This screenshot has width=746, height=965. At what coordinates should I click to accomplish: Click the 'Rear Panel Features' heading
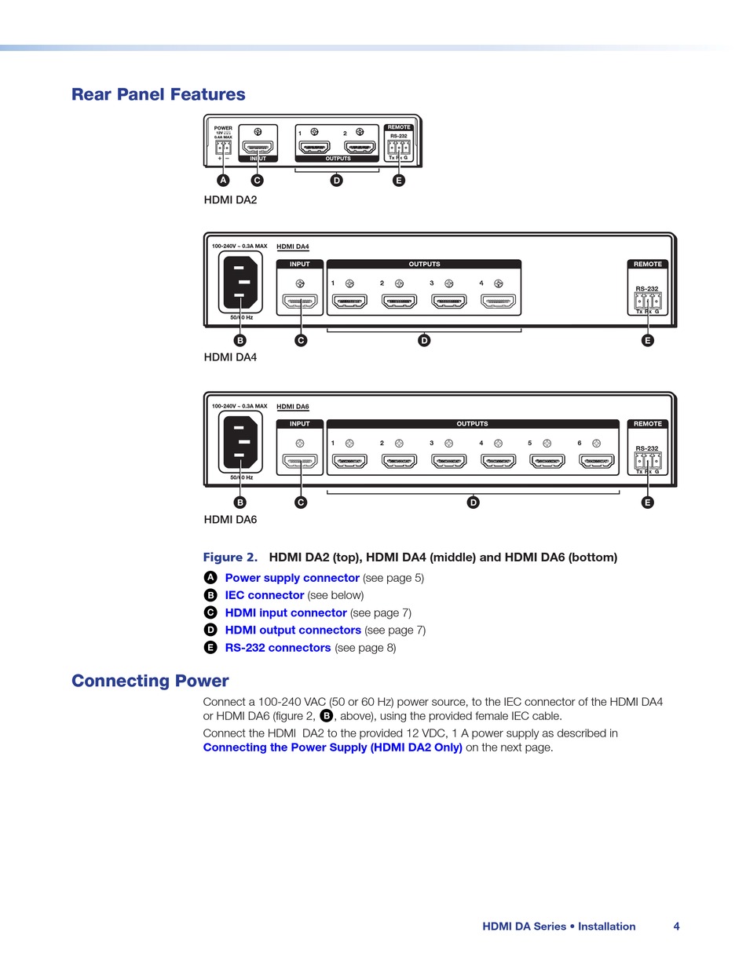click(x=158, y=94)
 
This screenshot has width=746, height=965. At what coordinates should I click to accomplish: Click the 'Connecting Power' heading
click(x=150, y=681)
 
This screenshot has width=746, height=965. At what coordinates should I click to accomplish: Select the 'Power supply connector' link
click(x=292, y=578)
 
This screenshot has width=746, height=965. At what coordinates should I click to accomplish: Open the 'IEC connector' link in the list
click(x=264, y=595)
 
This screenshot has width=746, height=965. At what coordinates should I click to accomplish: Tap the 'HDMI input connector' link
click(x=286, y=612)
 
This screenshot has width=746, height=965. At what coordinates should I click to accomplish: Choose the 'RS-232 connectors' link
click(x=278, y=648)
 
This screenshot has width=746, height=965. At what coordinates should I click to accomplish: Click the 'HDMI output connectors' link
click(x=293, y=630)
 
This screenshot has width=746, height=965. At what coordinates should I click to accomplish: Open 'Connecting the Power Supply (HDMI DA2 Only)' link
click(x=332, y=748)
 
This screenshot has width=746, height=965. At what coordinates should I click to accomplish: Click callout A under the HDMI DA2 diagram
click(x=224, y=181)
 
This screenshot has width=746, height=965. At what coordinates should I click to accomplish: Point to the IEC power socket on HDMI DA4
click(x=241, y=282)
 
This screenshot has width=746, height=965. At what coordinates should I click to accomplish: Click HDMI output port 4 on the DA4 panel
click(x=498, y=302)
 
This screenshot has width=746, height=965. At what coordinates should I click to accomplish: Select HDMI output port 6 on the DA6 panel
click(x=596, y=461)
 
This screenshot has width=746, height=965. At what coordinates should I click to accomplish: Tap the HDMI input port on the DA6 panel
click(x=300, y=461)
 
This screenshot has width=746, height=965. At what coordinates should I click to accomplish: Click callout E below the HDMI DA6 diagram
click(x=647, y=503)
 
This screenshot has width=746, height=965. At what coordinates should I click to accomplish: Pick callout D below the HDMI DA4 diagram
click(x=424, y=340)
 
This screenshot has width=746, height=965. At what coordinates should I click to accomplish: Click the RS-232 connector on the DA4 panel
click(x=648, y=302)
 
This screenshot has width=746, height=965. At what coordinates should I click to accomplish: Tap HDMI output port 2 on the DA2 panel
click(x=360, y=147)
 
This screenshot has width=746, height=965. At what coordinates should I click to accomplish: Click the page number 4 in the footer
click(x=676, y=927)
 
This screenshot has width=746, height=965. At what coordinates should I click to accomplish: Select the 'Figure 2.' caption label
click(x=230, y=557)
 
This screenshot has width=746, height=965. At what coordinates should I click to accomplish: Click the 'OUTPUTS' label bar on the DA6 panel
click(x=472, y=424)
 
